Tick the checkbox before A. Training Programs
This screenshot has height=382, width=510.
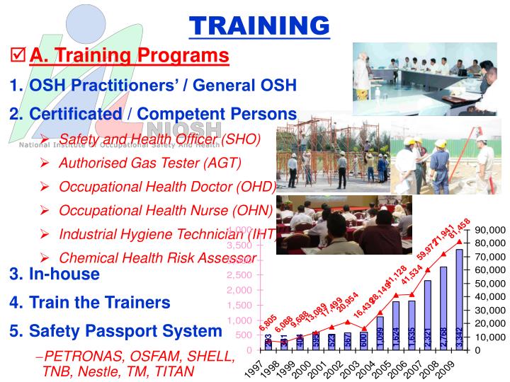18,55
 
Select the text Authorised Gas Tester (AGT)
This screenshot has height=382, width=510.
150,163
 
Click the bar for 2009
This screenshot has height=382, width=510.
460,300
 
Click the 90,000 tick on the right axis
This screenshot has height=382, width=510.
492,231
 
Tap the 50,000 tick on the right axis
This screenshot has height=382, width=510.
492,284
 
